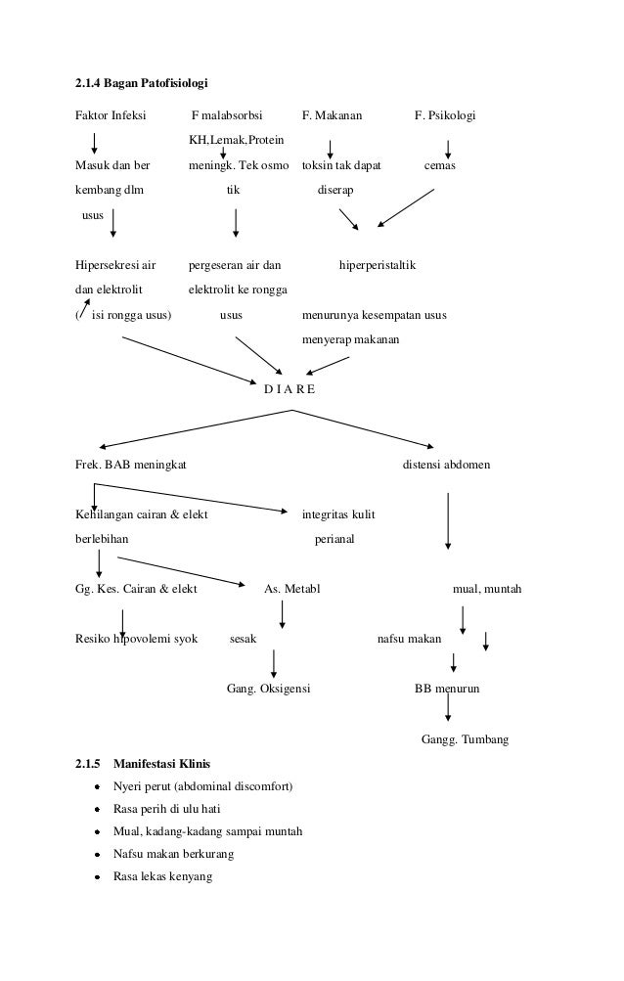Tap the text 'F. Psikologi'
(x=445, y=116)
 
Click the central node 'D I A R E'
(x=290, y=388)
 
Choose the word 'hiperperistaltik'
(x=377, y=264)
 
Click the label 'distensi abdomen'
(x=447, y=464)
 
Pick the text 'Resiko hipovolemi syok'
(x=136, y=639)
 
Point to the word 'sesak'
(x=243, y=639)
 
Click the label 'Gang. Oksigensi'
(x=268, y=690)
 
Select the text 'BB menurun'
(x=447, y=690)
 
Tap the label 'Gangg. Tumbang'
(x=465, y=739)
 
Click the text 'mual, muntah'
(x=486, y=590)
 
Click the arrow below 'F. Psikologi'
(x=448, y=148)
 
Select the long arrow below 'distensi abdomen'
(x=448, y=521)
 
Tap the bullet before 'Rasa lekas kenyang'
(x=99, y=877)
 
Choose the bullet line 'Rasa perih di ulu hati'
(x=167, y=809)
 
